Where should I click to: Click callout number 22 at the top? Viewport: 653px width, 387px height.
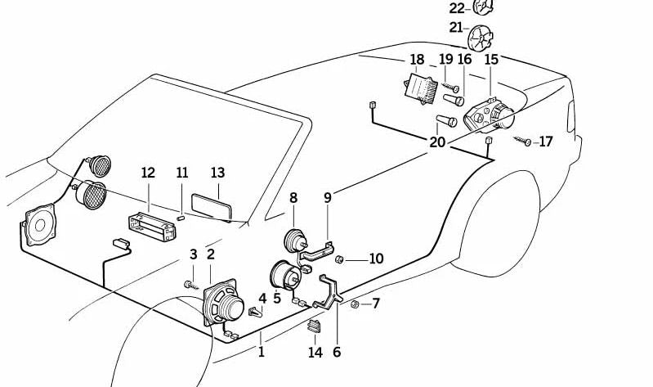point(457,8)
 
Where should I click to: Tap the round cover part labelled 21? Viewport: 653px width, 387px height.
point(482,36)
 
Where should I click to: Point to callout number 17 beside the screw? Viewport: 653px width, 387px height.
point(545,142)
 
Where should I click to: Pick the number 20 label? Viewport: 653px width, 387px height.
point(437,142)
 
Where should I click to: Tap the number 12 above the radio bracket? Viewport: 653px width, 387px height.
point(148,173)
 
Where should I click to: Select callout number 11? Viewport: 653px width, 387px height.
point(182,173)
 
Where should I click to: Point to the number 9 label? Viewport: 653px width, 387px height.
point(328,197)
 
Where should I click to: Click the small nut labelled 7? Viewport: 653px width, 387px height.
point(356,304)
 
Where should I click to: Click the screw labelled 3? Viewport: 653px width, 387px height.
point(190,284)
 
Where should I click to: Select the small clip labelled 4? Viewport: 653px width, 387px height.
point(257,312)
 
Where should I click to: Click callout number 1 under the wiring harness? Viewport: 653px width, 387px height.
point(262,353)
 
